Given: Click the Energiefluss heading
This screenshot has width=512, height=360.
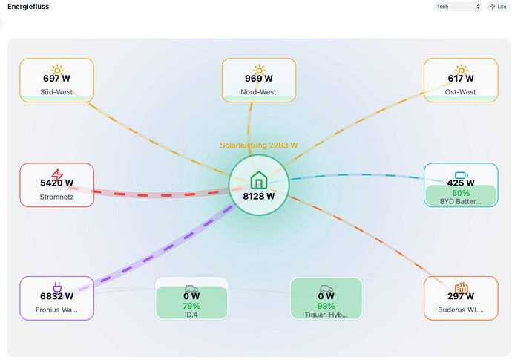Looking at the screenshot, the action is coord(28,7).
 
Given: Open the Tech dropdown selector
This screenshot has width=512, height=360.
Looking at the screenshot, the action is coord(458,7).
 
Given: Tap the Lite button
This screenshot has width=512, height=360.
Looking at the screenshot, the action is coord(498,7).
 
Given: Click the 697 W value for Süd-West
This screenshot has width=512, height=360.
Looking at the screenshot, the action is coord(56,79).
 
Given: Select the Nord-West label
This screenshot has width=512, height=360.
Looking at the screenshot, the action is coord(258,92).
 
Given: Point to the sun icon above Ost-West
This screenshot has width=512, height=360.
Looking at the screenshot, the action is coord(461,70).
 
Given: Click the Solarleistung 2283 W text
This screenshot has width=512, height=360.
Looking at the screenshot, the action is coord(259,145).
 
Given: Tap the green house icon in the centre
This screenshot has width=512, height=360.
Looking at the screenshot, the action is coord(259,180).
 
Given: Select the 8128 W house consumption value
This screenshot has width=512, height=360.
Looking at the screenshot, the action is coord(259,197).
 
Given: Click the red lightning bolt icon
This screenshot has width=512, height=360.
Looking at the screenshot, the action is coord(57,175).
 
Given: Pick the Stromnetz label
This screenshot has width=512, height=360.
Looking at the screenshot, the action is coord(56,197).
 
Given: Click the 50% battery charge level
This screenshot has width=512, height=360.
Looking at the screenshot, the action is coord(461,193).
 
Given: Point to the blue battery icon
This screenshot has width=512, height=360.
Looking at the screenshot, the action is coord(461,175).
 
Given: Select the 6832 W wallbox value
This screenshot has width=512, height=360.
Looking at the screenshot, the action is coord(56,296).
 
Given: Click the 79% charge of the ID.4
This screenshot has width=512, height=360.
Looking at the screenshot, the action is coord(191,306).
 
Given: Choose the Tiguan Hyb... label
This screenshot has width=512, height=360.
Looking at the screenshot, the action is coord(326,315).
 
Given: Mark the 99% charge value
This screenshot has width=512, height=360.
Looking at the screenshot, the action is coord(326,306).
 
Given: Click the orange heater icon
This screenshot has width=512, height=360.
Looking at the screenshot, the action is coord(461,287).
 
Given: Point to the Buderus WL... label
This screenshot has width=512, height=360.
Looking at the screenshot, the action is coord(461,310).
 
